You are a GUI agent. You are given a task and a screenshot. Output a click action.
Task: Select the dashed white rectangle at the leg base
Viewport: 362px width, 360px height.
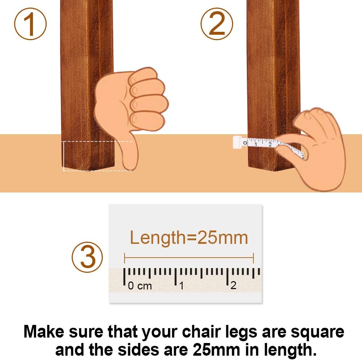[x=97, y=156]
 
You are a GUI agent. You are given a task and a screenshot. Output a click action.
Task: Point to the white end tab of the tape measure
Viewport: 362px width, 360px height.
[x=237, y=142]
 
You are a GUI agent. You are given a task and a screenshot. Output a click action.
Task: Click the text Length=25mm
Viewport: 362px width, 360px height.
[x=189, y=238]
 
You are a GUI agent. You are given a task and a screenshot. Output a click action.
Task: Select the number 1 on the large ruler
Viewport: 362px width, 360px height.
[x=181, y=286]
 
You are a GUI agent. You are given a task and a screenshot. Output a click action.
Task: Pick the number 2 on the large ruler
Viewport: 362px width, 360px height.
[x=233, y=285]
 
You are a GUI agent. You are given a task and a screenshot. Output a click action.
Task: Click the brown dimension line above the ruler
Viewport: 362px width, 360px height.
[x=189, y=258]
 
